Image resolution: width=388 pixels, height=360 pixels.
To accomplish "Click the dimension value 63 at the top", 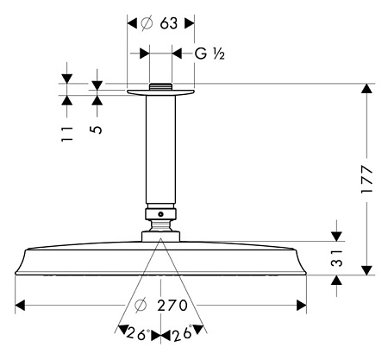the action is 169,23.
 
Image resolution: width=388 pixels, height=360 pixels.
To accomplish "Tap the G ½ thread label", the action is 210,54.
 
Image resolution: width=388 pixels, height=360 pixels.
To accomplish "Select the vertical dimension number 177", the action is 367,179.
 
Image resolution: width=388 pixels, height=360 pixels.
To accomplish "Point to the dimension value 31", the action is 337,258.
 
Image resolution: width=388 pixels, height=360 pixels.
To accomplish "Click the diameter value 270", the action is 172,306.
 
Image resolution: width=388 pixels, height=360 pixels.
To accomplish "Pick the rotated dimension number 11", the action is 67,134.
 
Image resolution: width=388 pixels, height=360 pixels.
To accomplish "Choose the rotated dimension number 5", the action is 97,129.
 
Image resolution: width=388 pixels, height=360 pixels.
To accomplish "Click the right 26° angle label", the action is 183,333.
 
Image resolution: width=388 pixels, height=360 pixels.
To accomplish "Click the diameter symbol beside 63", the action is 147,23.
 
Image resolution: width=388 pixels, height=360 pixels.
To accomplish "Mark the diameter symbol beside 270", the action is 141,306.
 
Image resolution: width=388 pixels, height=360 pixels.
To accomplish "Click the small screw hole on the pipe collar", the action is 160,214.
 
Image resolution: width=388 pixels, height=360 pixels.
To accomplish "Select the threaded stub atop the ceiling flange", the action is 160,86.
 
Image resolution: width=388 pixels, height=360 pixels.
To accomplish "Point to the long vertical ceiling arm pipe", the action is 160,149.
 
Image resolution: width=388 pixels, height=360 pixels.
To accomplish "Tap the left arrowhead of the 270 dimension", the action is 20,306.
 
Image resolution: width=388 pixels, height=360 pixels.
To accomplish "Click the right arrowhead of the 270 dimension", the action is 301,306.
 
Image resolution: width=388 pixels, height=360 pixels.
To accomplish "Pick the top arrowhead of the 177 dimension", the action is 366,88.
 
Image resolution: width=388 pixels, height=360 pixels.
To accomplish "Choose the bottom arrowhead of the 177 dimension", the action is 366,270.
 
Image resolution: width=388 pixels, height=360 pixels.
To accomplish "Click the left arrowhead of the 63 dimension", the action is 132,23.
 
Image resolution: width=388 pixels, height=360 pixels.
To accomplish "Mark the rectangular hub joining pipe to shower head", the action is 160,237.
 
